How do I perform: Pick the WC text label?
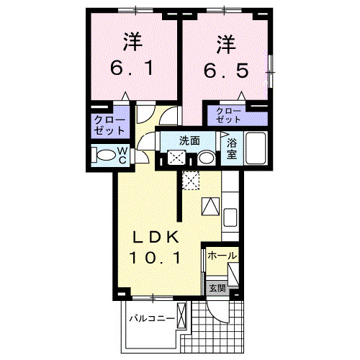coord(122,155)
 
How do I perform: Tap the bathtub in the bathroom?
coord(256,149)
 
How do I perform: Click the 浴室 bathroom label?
coord(232,148)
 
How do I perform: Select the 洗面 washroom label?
coord(189,141)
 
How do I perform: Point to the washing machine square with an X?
coord(176,158)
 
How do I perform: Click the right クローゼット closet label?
coord(229,115)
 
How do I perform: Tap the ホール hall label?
coord(222,256)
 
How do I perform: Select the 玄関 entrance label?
coord(217,288)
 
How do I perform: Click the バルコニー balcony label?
coord(151,318)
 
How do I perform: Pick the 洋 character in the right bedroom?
coord(225,44)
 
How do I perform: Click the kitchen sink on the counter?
coord(231,217)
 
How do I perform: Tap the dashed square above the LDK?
coord(190,180)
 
